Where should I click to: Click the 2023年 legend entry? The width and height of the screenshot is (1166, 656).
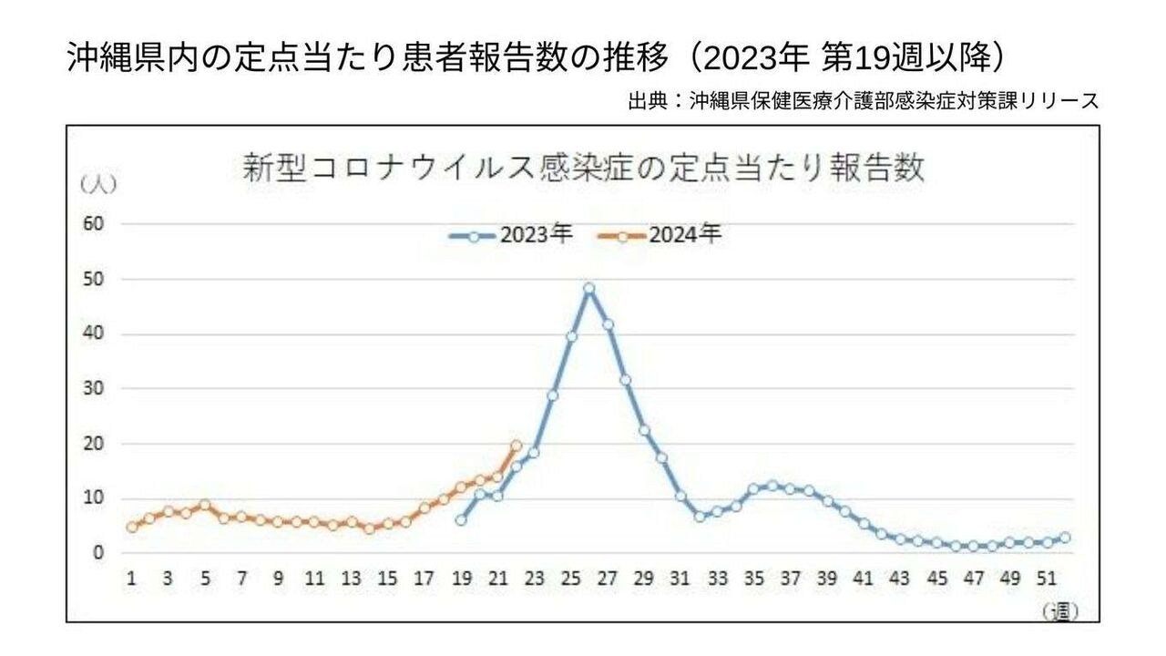point(511,235)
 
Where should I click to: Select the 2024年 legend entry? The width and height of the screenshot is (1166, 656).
point(660,235)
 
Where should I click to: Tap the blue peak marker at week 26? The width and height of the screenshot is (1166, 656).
point(589,288)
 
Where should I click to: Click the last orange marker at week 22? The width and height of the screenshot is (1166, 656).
point(517,446)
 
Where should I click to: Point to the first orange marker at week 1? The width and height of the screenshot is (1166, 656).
point(132,527)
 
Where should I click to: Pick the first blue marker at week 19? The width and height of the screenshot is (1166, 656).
point(461,520)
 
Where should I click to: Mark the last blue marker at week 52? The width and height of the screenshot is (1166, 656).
point(1065,538)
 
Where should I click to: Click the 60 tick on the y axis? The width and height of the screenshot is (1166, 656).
point(94,224)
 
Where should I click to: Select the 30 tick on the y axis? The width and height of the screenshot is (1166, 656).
point(94,389)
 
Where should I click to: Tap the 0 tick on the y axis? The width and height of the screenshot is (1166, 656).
point(99,553)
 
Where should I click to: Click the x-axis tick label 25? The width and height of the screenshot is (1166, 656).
point(571,579)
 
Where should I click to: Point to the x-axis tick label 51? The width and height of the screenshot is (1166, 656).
point(1047,579)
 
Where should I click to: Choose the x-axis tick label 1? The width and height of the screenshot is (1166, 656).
point(132,579)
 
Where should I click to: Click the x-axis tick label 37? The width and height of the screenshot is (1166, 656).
point(791,579)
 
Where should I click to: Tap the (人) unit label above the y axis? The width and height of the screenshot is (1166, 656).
point(97,184)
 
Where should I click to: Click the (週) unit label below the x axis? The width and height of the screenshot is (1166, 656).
point(1059,610)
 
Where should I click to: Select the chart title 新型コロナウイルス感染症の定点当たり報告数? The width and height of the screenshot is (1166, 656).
point(583,169)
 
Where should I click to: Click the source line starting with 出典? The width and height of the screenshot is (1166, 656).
point(863,100)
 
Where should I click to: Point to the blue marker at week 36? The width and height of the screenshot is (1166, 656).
point(772,486)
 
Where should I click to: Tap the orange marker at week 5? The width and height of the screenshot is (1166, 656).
point(205,505)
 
